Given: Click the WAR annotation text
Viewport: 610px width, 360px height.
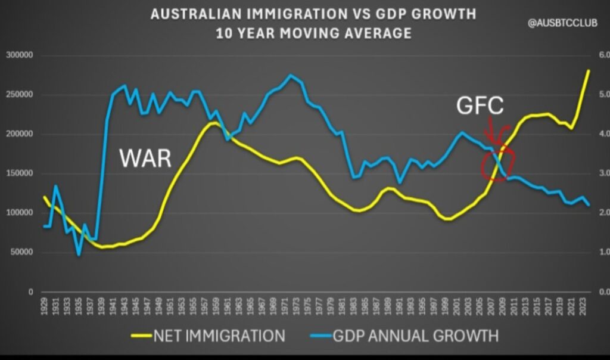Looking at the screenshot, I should pos(145,159).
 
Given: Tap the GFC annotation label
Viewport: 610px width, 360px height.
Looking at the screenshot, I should pos(480,107).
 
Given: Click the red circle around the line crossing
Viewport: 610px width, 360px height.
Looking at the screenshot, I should pos(497,160).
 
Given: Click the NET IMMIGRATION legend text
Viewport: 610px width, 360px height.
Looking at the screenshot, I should pos(219,336).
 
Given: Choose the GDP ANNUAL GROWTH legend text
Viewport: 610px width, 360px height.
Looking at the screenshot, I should pos(416,336).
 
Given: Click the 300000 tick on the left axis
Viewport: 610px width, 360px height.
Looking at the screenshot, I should pos(19,55).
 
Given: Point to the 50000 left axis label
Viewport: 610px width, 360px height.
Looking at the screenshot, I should pos(21,252).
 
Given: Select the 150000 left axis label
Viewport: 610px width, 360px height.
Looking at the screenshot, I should pos(19,173).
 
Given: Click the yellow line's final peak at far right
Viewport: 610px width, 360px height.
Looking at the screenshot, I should pos(589,70).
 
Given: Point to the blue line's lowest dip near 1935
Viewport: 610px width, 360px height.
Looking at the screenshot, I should pos(79,255).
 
